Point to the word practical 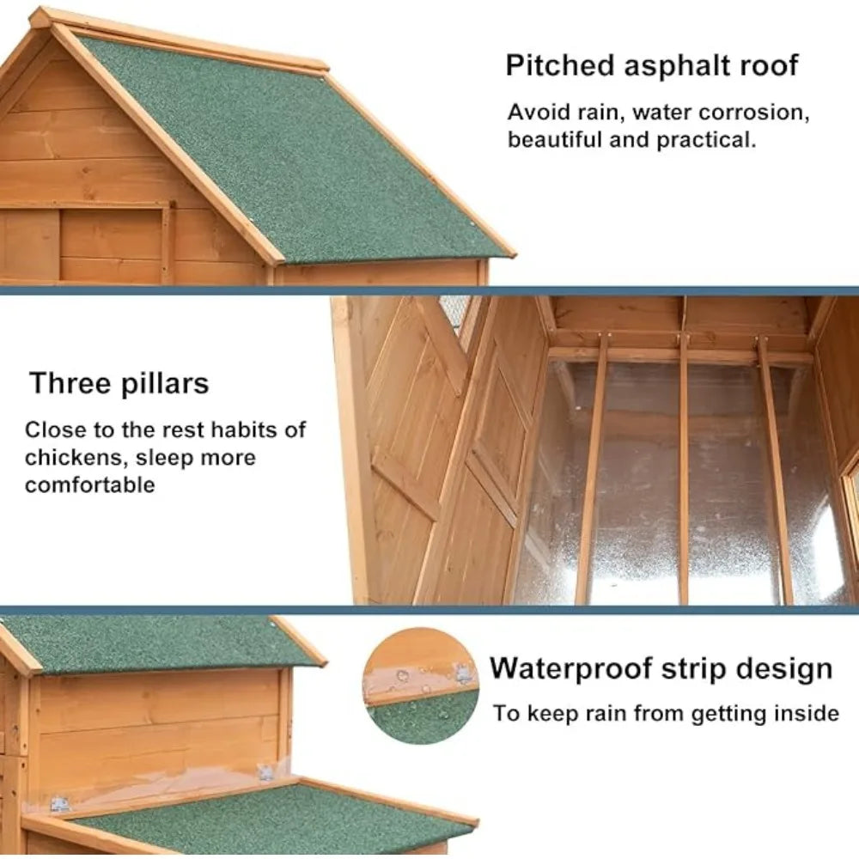[706, 140]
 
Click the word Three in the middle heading [70, 383]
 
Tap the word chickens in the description [76, 458]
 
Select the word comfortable [90, 484]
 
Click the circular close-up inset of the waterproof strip [421, 685]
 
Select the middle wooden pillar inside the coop [683, 468]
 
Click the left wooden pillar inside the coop [592, 468]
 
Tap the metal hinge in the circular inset [464, 673]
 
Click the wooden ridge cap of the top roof [178, 40]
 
